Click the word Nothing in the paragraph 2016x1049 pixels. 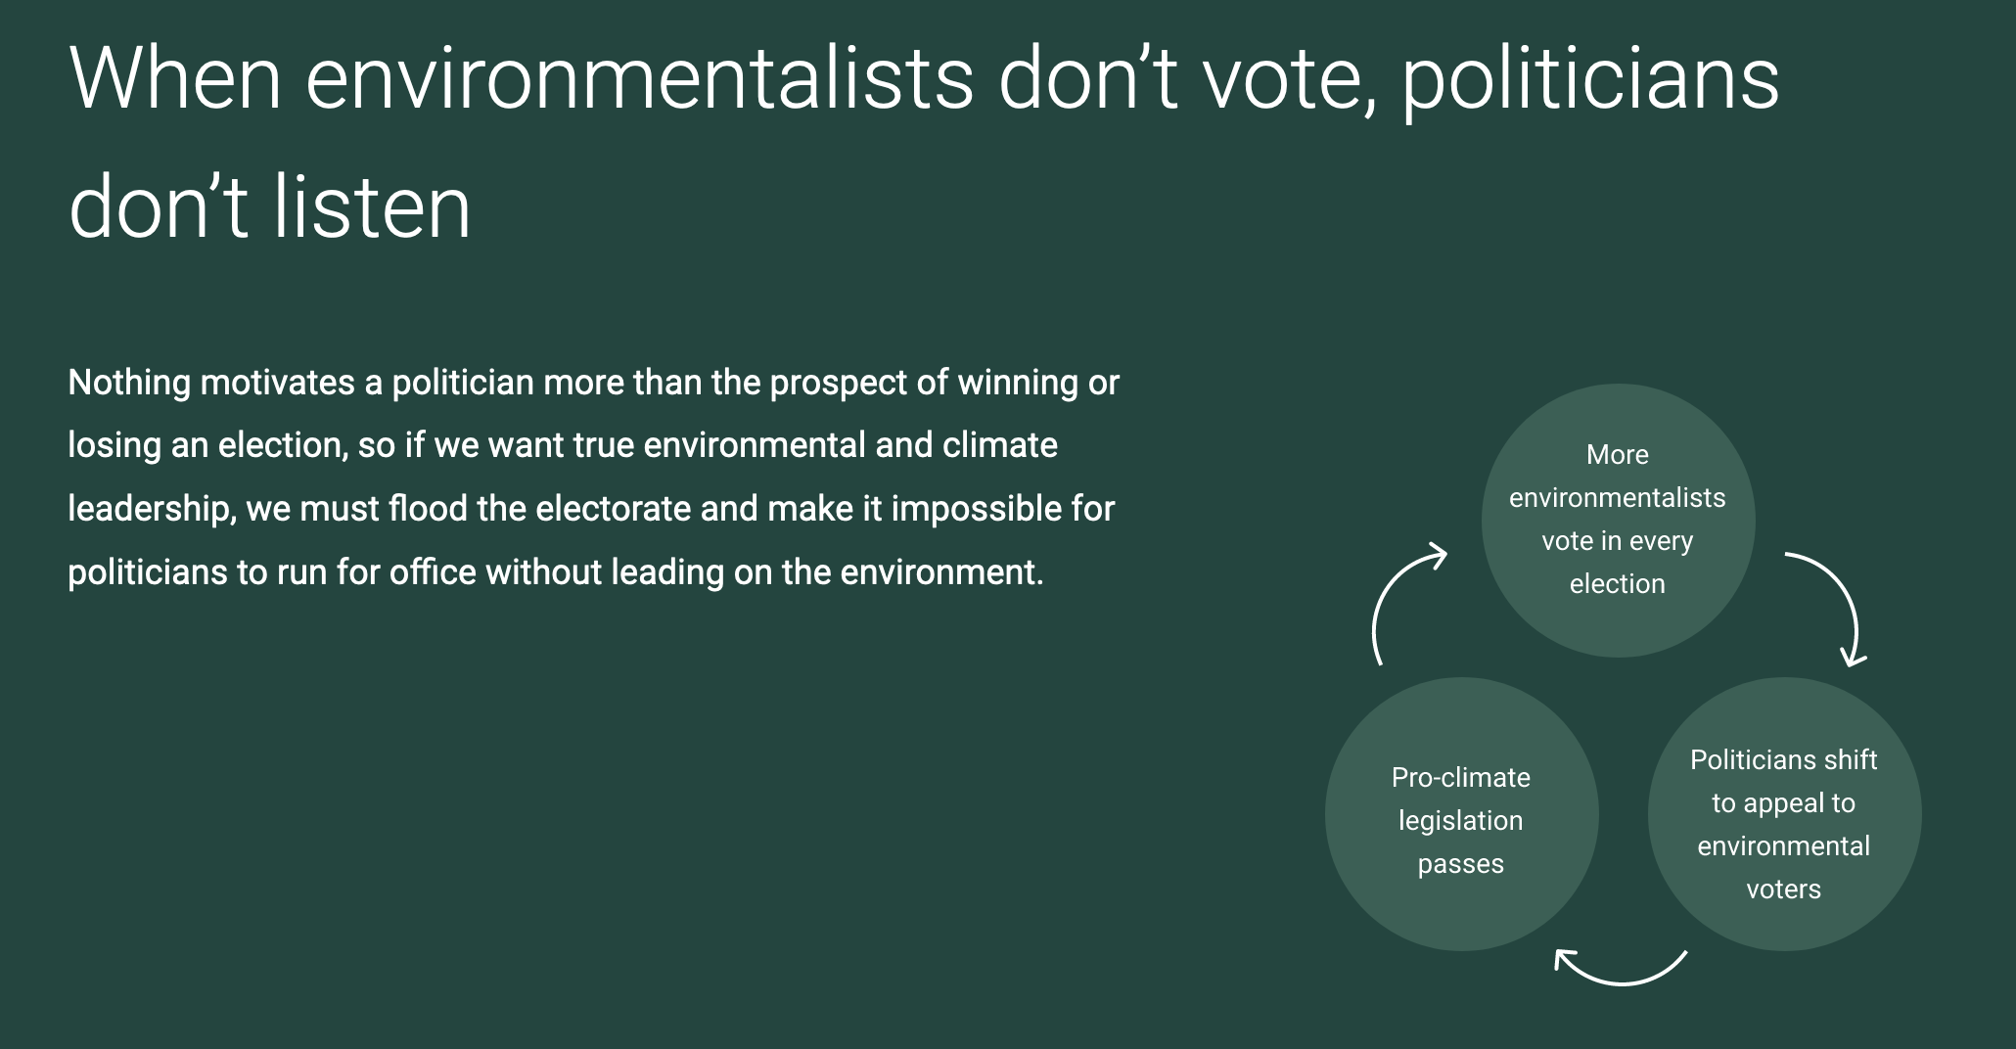[129, 383]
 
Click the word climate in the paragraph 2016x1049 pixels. [1000, 445]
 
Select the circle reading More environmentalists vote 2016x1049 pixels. [1618, 521]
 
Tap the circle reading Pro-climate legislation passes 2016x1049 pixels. [1461, 814]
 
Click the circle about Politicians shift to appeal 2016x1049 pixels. [1784, 814]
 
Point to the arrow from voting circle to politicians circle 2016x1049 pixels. [1846, 590]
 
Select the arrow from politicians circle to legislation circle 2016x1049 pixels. [1621, 981]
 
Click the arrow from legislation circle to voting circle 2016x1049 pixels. [1382, 596]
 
